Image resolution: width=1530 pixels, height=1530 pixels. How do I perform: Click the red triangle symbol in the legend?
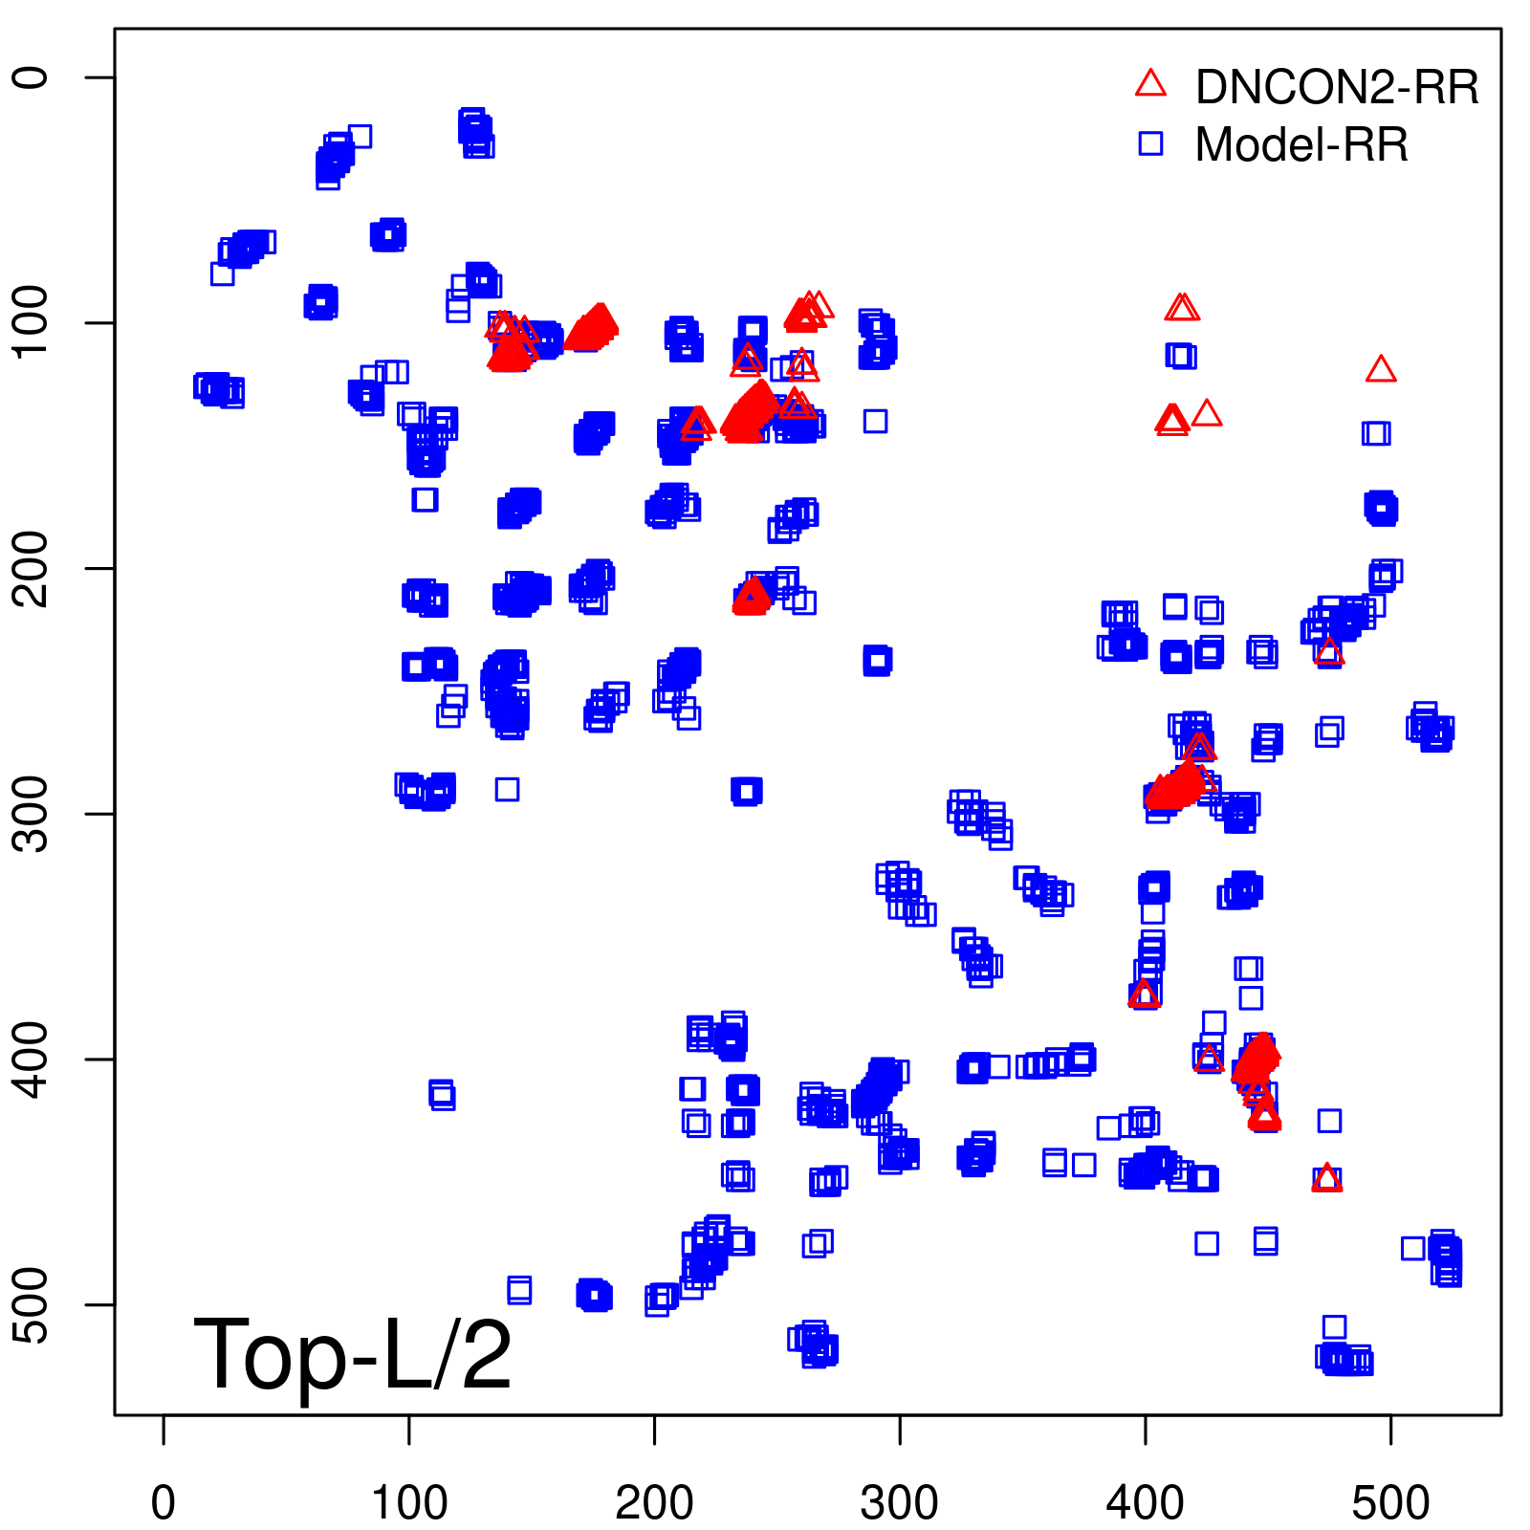point(1150,83)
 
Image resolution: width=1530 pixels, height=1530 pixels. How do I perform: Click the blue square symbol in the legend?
point(1150,143)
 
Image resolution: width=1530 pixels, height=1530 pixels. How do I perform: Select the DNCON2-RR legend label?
point(1337,87)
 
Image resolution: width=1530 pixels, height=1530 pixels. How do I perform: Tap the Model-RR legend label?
point(1301,145)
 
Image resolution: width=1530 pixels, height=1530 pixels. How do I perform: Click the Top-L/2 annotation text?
point(353,1354)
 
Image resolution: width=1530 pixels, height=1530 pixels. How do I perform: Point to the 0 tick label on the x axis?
point(164,1503)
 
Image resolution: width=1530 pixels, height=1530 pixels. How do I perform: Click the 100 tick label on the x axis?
point(409,1503)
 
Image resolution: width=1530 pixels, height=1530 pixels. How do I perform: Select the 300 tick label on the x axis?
point(900,1503)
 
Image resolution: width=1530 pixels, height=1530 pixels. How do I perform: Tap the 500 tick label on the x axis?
point(1390,1503)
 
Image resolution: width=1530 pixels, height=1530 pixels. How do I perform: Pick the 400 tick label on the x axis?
point(1146,1503)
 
